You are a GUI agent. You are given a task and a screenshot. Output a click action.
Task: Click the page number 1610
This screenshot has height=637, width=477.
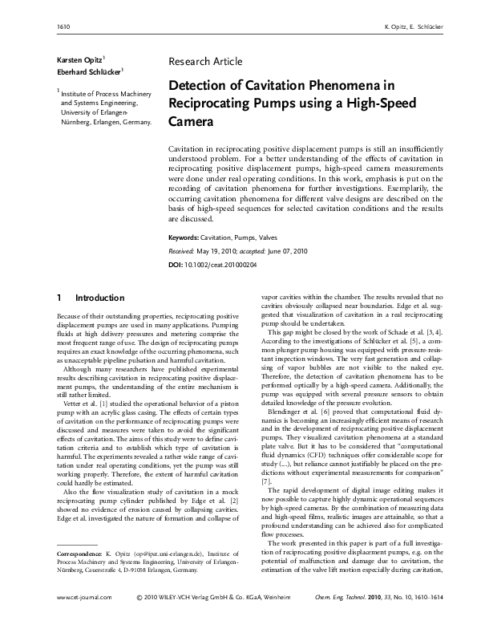point(61,27)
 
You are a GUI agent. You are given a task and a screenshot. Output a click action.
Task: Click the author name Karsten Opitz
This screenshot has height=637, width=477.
point(78,61)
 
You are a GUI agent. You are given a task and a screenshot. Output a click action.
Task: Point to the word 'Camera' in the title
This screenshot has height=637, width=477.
point(191,123)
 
